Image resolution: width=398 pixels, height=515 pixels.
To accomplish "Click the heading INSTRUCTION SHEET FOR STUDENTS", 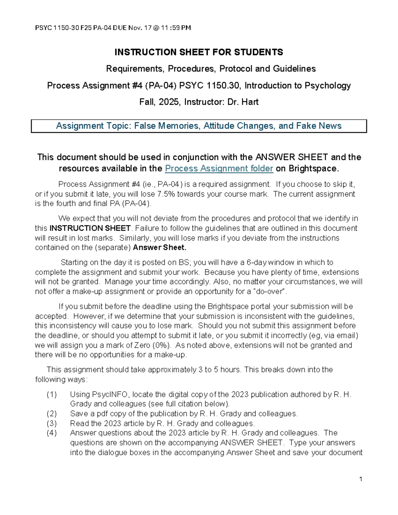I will click(x=199, y=52).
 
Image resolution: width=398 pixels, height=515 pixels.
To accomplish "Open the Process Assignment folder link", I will click(x=219, y=168).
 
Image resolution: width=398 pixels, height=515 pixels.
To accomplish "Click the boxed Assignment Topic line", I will click(x=199, y=126).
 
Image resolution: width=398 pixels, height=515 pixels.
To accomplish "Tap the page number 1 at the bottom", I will click(x=361, y=479).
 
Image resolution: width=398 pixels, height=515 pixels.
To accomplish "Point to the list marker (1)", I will click(x=52, y=394).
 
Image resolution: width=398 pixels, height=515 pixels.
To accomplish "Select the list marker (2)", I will click(x=52, y=414).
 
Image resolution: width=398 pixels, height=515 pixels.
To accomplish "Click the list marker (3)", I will click(x=52, y=423).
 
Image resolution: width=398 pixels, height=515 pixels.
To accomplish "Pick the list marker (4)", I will click(x=52, y=433).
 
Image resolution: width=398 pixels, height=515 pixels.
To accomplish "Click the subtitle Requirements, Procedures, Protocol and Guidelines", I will click(x=211, y=69).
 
